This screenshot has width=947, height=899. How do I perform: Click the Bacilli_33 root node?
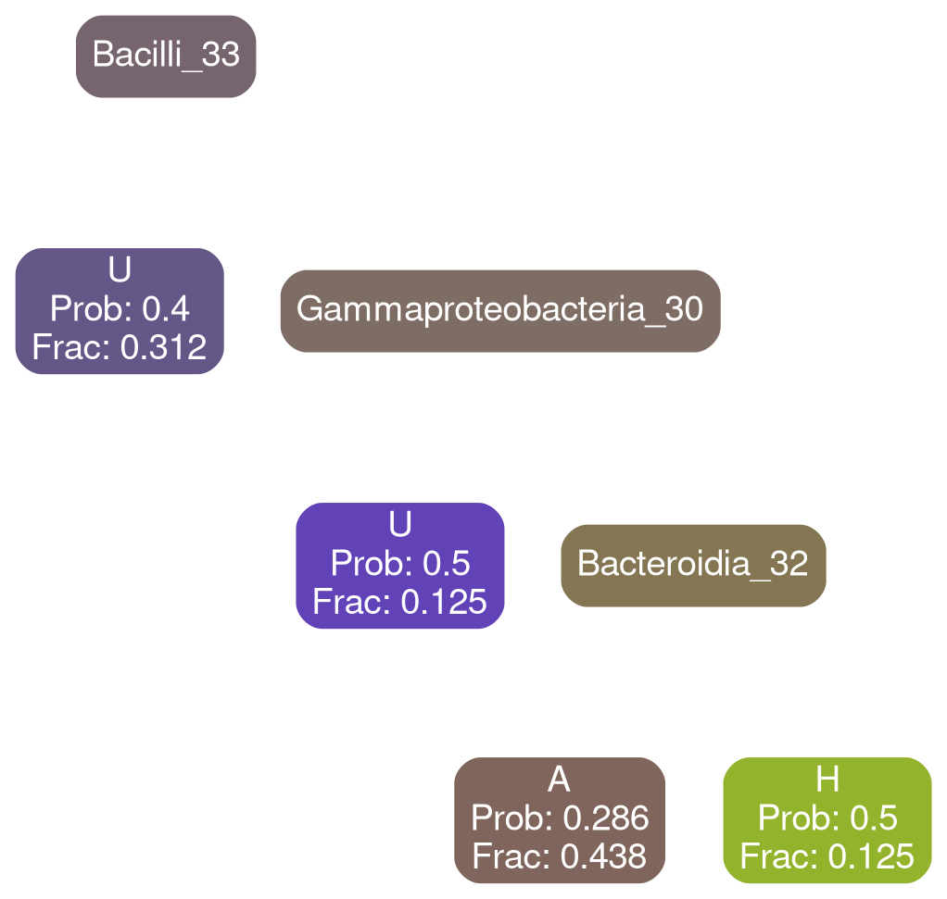click(166, 55)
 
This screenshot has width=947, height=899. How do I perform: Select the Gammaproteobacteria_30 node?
click(499, 309)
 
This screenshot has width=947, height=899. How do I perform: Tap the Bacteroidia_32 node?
click(693, 563)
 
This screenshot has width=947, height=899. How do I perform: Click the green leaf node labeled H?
click(827, 818)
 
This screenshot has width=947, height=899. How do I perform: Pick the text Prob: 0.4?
click(120, 308)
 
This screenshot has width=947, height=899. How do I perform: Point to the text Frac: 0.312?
click(120, 347)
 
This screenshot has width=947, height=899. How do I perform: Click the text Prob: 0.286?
click(560, 818)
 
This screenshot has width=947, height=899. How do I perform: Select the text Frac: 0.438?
click(560, 856)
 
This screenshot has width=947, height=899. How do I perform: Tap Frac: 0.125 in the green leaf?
click(827, 856)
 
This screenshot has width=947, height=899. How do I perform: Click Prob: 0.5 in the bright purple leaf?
click(400, 563)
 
